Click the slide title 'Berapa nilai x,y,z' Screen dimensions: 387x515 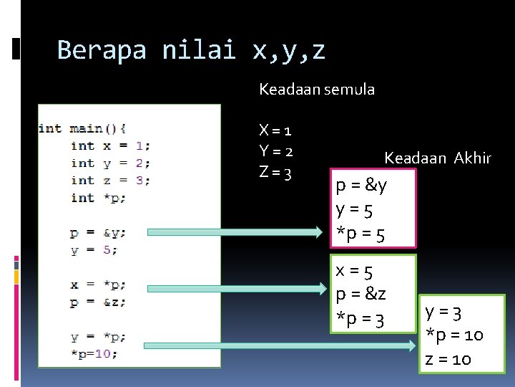pyautogui.click(x=191, y=50)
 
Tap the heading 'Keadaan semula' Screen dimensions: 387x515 pyautogui.click(x=316, y=90)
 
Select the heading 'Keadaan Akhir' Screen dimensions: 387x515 pyautogui.click(x=437, y=158)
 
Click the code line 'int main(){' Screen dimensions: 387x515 pyautogui.click(x=82, y=128)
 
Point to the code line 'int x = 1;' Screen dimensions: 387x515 pyautogui.click(x=110, y=145)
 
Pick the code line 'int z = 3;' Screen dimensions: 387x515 pyautogui.click(x=110, y=181)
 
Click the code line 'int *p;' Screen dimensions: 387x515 pyautogui.click(x=98, y=198)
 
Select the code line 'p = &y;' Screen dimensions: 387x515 pyautogui.click(x=98, y=232)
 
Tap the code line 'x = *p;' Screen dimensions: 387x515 pyautogui.click(x=98, y=285)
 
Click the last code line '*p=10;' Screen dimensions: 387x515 pyautogui.click(x=94, y=353)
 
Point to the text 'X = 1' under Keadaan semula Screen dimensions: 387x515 pyautogui.click(x=275, y=130)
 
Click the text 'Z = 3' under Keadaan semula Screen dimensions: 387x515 pyautogui.click(x=275, y=173)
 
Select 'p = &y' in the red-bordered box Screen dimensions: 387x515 pyautogui.click(x=361, y=186)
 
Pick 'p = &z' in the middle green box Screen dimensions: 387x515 pyautogui.click(x=361, y=295)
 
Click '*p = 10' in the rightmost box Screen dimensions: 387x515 pyautogui.click(x=454, y=335)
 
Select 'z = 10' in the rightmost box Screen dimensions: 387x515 pyautogui.click(x=448, y=358)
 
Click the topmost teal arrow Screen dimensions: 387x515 pyautogui.click(x=234, y=231)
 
